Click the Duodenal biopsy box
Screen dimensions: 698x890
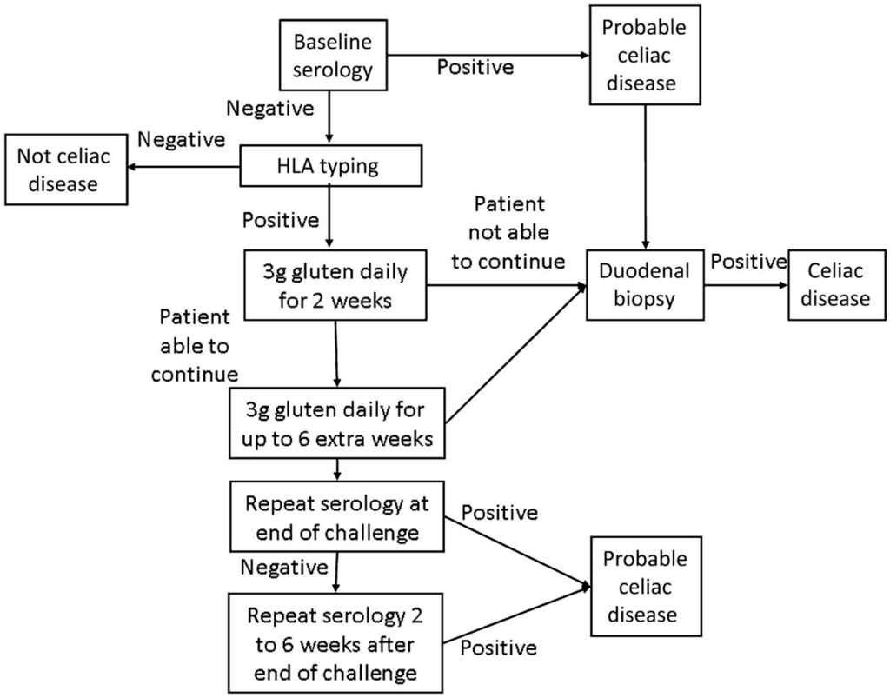point(645,284)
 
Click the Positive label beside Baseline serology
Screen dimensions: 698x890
point(475,67)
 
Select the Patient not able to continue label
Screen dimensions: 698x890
point(509,233)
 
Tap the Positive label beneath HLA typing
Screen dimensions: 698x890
point(281,220)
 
